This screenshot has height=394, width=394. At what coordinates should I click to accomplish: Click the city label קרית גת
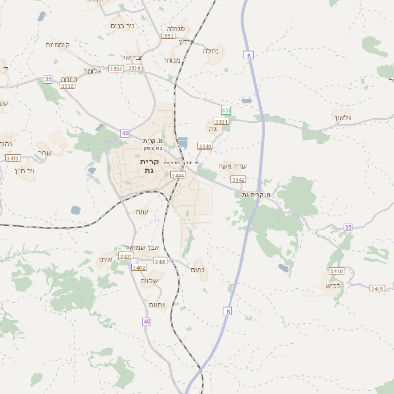coord(149,165)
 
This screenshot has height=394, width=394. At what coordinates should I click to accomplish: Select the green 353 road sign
coord(226,111)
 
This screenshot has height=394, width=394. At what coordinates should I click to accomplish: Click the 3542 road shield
coord(237,180)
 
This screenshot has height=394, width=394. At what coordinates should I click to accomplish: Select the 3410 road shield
coord(336,270)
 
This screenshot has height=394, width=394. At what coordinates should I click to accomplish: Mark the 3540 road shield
coord(205,146)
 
